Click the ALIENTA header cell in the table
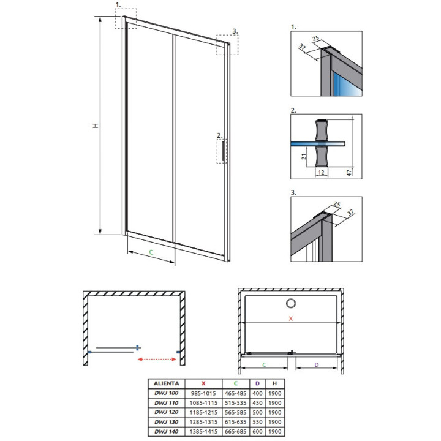(166, 383)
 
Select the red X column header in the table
(203, 383)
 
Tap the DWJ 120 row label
(166, 412)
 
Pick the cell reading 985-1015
(203, 393)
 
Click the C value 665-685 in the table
(236, 431)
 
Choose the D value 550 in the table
(257, 422)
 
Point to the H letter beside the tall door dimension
(96, 126)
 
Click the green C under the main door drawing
(151, 252)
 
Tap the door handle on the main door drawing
(223, 151)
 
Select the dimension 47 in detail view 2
(349, 172)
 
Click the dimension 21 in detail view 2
(304, 156)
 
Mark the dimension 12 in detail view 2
(321, 172)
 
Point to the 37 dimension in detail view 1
(302, 47)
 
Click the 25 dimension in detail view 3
(337, 204)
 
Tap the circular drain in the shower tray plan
(291, 303)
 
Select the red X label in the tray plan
(291, 318)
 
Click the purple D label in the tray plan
(317, 365)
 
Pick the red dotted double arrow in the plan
(157, 359)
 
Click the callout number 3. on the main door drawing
(235, 31)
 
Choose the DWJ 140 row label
(166, 431)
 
